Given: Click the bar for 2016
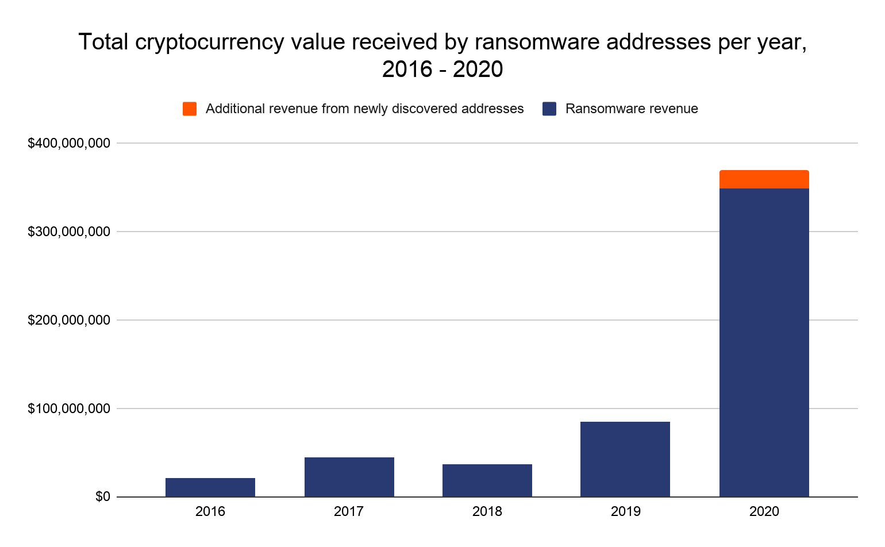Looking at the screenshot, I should point(210,487).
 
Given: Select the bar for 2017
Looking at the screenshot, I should point(349,477).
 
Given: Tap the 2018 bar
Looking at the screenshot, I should point(487,480).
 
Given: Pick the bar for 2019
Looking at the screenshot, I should point(625,459).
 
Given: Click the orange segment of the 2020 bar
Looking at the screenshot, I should point(764,179).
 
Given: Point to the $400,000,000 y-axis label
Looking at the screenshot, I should point(69,143).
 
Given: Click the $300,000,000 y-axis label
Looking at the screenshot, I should point(69,232).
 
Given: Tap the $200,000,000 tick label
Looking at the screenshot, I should point(69,320).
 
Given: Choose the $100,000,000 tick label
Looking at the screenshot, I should point(69,409).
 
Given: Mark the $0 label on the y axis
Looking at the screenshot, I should point(103,496).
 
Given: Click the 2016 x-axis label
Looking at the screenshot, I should point(210,511).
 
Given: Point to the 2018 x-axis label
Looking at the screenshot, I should point(487,511).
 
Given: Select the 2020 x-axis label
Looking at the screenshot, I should point(764,511).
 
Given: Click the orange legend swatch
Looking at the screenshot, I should point(190,109).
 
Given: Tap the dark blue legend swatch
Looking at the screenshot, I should point(549,109).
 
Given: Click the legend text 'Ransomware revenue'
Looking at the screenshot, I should point(632,109).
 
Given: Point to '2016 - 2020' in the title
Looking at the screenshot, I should point(442,70).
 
